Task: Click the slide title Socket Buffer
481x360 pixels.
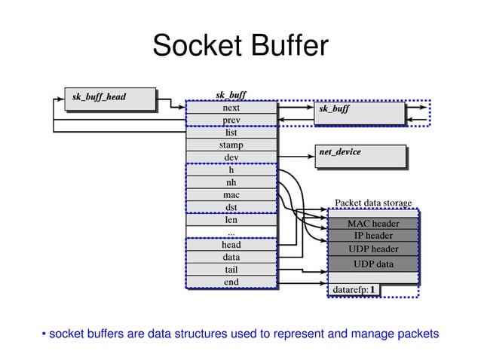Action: pos(240,47)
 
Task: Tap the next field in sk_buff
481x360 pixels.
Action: pos(231,108)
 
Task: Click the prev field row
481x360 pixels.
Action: pos(231,121)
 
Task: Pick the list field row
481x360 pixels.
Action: pos(231,133)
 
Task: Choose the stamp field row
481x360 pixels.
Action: pos(231,145)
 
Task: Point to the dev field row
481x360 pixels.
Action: pos(231,157)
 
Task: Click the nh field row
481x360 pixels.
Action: pos(231,182)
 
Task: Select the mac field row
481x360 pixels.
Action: pos(231,195)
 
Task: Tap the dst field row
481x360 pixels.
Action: pos(231,207)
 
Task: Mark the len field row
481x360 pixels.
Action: pos(231,220)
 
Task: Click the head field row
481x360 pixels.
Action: pos(231,245)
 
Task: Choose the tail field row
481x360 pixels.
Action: pos(231,270)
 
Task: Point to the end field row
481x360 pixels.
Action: pos(231,282)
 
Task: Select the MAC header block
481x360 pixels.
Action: pos(372,224)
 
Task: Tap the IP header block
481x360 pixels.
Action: pos(372,236)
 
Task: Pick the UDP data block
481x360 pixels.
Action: pos(372,264)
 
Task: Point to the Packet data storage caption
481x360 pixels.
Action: pos(372,203)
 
